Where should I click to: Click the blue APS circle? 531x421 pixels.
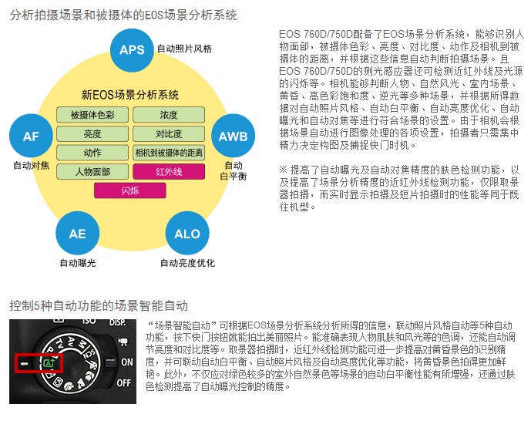click(x=132, y=50)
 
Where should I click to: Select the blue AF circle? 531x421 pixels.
click(x=31, y=136)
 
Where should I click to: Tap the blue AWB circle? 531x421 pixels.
click(x=233, y=136)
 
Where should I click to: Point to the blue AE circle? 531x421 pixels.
click(x=77, y=234)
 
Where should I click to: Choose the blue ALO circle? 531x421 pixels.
click(x=187, y=234)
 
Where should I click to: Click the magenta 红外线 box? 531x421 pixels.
click(x=169, y=171)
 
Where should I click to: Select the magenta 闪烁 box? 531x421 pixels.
click(x=130, y=190)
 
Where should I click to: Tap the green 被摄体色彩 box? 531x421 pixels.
click(x=92, y=115)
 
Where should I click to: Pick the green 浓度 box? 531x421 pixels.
click(x=169, y=115)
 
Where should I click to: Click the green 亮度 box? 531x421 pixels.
click(x=92, y=133)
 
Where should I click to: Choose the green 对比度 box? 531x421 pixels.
click(x=169, y=133)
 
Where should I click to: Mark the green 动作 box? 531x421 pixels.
click(x=92, y=153)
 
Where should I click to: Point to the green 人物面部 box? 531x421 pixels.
click(x=92, y=171)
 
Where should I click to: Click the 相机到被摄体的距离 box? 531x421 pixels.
click(x=169, y=153)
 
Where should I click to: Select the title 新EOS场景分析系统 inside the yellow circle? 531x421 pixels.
click(x=130, y=96)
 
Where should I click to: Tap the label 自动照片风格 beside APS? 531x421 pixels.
click(x=184, y=49)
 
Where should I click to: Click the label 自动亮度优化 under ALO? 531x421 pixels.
click(x=187, y=263)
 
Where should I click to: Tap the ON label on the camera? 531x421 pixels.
click(x=126, y=362)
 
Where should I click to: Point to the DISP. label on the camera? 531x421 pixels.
click(x=117, y=321)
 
